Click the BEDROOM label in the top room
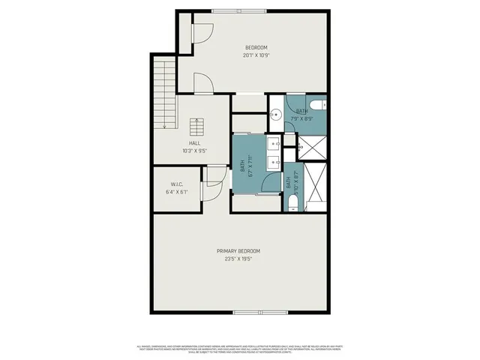256,47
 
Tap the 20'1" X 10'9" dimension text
256,55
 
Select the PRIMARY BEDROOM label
238,250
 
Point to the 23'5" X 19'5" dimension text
238,259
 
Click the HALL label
194,143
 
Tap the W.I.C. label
177,184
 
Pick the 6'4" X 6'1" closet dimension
177,192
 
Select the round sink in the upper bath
275,115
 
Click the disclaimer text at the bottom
239,349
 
